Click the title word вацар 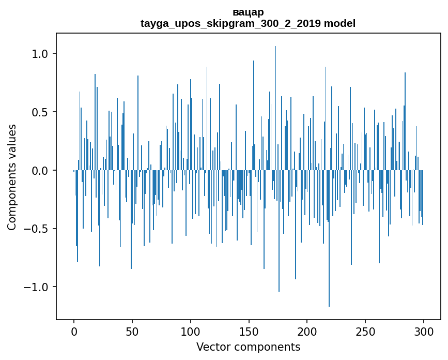click(248, 12)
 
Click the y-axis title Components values click(12, 177)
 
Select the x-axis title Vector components click(248, 347)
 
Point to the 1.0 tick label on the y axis click(39, 54)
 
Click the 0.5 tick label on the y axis click(39, 112)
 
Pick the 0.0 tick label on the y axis click(39, 170)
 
